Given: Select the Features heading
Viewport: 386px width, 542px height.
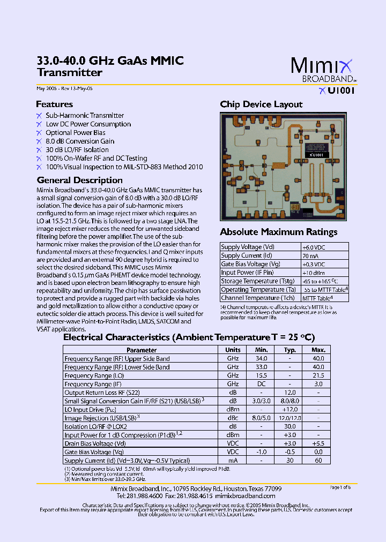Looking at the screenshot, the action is click(55, 104).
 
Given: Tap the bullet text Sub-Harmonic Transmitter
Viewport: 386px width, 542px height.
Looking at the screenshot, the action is click(85, 116).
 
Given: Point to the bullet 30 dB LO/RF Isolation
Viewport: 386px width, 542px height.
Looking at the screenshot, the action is click(77, 150).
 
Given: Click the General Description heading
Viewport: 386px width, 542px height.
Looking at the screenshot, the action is click(80, 180).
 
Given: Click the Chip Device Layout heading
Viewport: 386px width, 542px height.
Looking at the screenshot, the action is click(261, 104).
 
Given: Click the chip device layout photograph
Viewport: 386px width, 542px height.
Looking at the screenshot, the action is click(283, 166).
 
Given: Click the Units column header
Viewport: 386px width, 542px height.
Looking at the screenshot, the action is click(233, 350).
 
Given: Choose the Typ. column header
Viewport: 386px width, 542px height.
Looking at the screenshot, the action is click(290, 350).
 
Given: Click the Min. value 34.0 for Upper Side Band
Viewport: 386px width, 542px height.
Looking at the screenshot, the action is click(261, 358).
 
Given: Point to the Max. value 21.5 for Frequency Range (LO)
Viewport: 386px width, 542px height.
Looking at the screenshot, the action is click(318, 375).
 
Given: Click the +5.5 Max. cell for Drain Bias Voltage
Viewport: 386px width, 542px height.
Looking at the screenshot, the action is click(318, 443).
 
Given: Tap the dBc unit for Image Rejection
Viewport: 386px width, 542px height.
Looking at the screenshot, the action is click(233, 418).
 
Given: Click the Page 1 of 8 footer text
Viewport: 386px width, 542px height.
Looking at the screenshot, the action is click(340, 487).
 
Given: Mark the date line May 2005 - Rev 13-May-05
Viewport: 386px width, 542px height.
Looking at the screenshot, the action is click(64, 89).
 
